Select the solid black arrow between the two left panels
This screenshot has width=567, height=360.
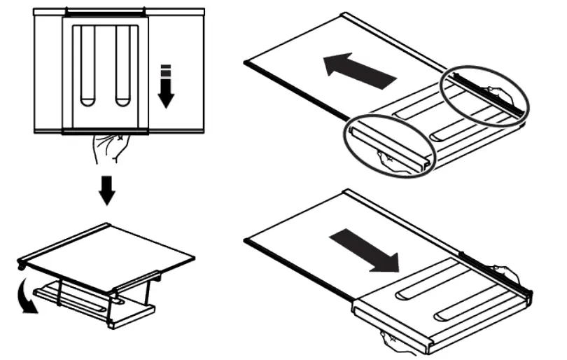(106, 189)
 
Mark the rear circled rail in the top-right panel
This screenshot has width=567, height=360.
(484, 95)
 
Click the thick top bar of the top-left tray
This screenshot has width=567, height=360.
(105, 12)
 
